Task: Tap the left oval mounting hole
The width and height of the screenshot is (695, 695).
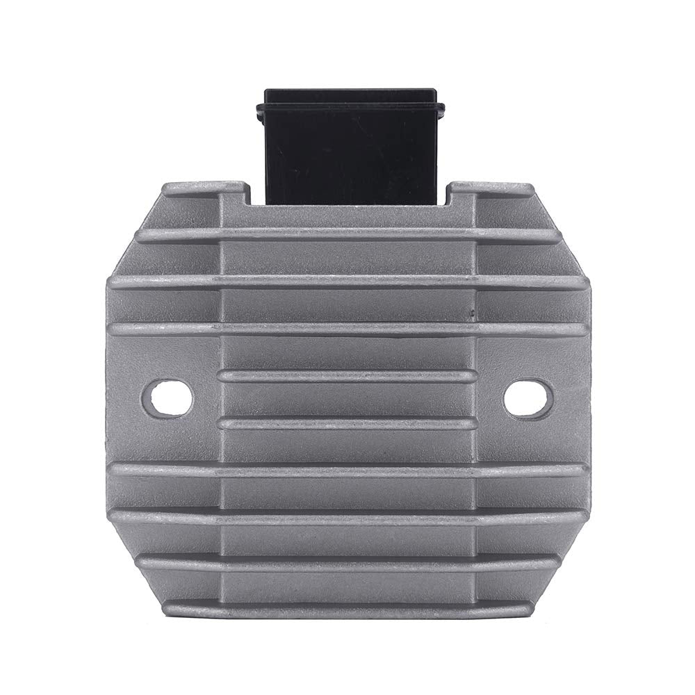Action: (167, 398)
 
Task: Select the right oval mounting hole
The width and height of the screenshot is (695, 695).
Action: (528, 398)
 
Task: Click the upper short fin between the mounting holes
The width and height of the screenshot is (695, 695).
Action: (347, 376)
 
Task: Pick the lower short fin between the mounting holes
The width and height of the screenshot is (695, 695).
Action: (347, 423)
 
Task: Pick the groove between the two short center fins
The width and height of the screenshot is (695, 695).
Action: (347, 400)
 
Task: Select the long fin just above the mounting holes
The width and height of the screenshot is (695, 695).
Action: (347, 328)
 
